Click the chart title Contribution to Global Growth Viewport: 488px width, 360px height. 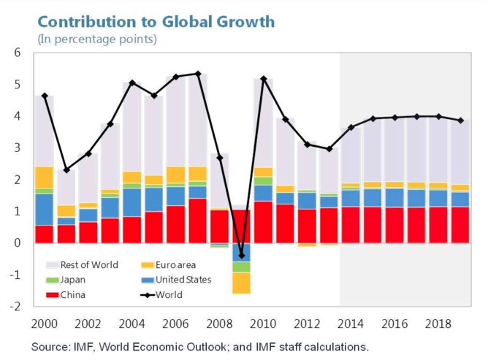(x=156, y=21)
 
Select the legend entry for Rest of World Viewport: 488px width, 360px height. (x=81, y=265)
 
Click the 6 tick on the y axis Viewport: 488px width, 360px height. (x=17, y=53)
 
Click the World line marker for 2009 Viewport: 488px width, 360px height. (x=241, y=256)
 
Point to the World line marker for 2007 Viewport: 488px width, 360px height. (x=198, y=74)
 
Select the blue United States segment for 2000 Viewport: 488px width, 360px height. (x=45, y=210)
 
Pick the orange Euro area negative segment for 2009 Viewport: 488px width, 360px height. (x=241, y=283)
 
